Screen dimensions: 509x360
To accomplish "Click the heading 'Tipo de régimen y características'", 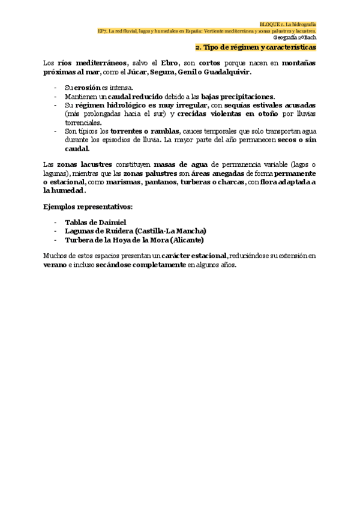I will (x=259, y=47).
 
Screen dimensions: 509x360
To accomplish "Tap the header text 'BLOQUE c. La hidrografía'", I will (x=290, y=21).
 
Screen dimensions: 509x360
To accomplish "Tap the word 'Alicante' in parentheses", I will (x=189, y=239).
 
